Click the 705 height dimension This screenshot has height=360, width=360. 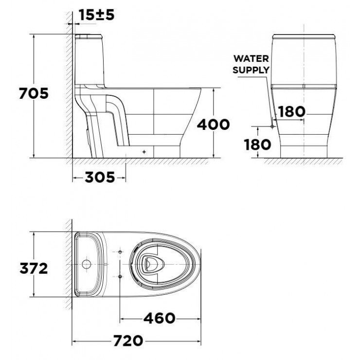[x=34, y=93]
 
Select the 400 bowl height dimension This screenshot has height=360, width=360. [x=213, y=125]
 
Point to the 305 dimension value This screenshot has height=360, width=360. [x=100, y=178]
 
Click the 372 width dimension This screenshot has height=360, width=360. [x=34, y=268]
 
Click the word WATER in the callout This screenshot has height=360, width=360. [x=251, y=58]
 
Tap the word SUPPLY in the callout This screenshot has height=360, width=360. [x=251, y=70]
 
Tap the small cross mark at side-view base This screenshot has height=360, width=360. [x=144, y=151]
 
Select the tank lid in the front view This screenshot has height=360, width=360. [x=304, y=37]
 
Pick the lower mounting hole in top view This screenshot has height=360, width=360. [x=120, y=276]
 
